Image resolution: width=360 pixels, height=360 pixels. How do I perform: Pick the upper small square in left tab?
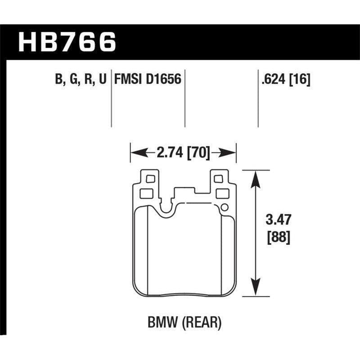150,179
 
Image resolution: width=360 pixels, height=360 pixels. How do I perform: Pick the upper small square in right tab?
219,179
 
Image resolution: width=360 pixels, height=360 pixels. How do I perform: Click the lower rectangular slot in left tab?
147,193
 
